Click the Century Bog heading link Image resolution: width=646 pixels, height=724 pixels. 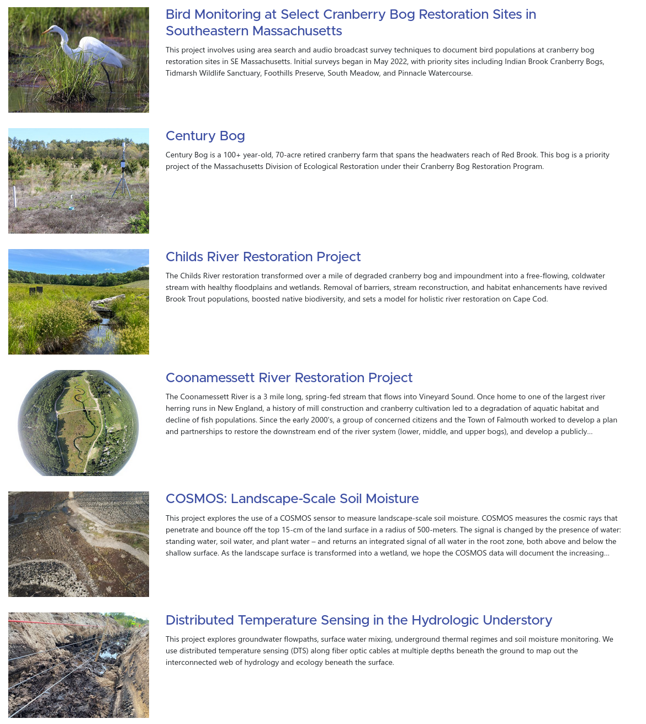[x=205, y=136]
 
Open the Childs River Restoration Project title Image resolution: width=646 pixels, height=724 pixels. [x=263, y=257]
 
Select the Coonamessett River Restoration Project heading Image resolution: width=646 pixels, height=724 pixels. [x=289, y=378]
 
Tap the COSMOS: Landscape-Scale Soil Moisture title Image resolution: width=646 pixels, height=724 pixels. [x=292, y=499]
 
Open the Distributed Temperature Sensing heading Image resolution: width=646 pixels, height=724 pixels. [x=358, y=620]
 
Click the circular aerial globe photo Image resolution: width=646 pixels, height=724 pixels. [x=78, y=423]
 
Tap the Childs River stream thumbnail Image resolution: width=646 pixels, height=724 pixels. [x=78, y=302]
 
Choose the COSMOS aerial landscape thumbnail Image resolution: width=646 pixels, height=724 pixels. [x=78, y=544]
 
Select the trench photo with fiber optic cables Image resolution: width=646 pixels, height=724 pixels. [x=78, y=665]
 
